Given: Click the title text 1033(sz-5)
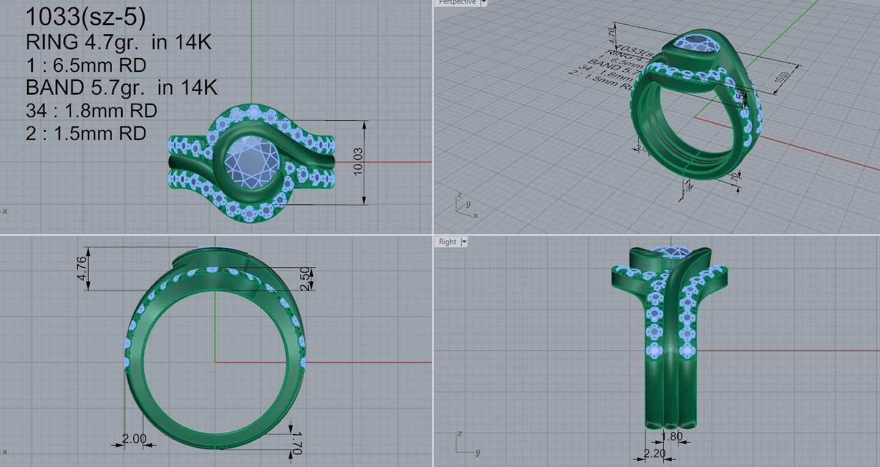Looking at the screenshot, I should (85, 18).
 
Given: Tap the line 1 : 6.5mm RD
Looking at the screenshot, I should (85, 65).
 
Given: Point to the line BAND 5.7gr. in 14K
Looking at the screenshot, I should (122, 88).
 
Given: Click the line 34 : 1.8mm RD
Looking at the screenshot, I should (91, 110).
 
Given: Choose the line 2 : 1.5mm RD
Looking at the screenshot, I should (85, 133).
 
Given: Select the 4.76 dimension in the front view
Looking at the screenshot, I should (82, 269).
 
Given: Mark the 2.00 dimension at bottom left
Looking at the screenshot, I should (134, 438).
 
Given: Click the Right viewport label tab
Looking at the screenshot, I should (447, 242).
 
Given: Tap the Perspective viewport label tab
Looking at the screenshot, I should (457, 2).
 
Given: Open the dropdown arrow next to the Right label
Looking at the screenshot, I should (464, 242).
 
